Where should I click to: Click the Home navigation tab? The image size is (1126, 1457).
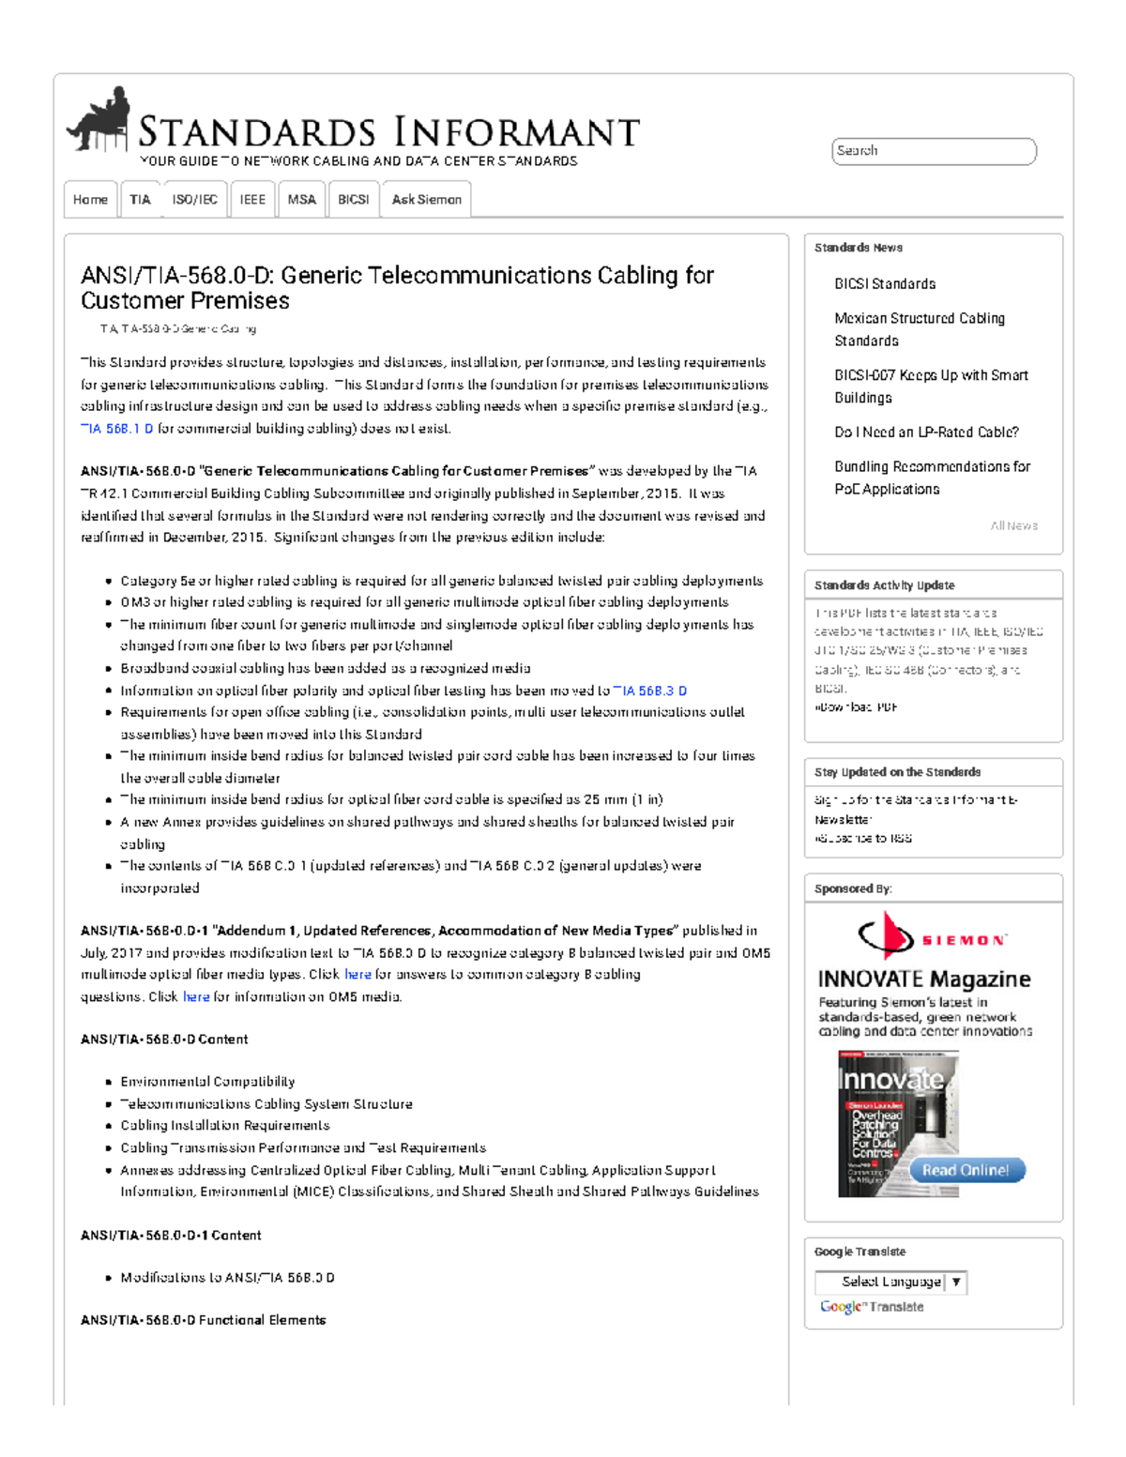[90, 200]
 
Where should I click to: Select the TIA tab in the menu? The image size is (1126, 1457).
[140, 200]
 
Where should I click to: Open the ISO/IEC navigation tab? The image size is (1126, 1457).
[194, 200]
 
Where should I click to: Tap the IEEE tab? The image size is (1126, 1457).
[252, 200]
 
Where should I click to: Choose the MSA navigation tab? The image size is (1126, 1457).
[301, 200]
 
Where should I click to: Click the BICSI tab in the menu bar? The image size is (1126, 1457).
[353, 200]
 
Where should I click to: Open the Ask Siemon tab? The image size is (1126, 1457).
[426, 200]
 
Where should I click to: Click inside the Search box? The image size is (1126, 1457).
[933, 151]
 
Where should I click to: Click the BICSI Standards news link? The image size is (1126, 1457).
[884, 284]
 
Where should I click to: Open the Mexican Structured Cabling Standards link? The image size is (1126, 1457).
[919, 329]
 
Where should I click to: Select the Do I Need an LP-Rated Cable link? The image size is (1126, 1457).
[925, 433]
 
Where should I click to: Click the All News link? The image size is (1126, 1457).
[1013, 526]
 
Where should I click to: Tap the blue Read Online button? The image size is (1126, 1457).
[966, 1170]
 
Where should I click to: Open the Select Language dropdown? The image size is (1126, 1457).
[890, 1282]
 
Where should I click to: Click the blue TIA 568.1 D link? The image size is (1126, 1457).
[117, 429]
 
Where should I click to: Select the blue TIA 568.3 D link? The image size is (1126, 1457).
[649, 691]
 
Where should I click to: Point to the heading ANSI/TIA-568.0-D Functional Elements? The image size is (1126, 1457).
[203, 1320]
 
